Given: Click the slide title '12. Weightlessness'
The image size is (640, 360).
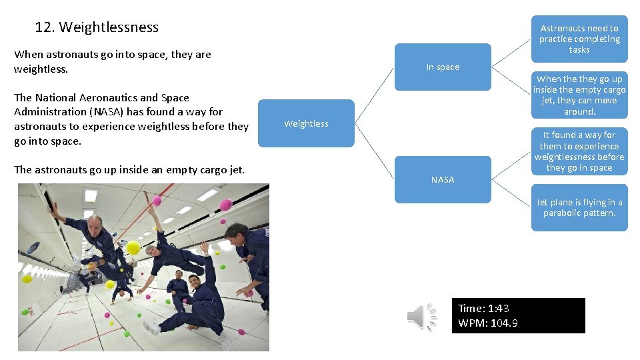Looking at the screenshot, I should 97,27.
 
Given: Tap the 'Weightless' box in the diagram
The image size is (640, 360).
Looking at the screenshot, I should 306,123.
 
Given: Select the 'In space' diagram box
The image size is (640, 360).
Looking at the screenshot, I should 443,67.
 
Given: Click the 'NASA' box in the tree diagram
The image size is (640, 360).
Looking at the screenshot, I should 443,179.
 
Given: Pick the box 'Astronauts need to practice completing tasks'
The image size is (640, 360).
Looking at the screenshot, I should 579,39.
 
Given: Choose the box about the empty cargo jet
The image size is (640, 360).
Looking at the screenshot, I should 579,95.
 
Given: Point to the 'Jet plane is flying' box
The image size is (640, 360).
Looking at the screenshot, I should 579,207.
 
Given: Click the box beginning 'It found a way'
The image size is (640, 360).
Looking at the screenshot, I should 579,151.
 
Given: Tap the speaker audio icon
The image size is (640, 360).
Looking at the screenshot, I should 422,316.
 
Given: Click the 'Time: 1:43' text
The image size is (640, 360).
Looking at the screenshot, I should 483,308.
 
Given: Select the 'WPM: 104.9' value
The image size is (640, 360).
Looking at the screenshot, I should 488,323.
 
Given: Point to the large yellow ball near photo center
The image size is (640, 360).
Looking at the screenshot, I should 133,248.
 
